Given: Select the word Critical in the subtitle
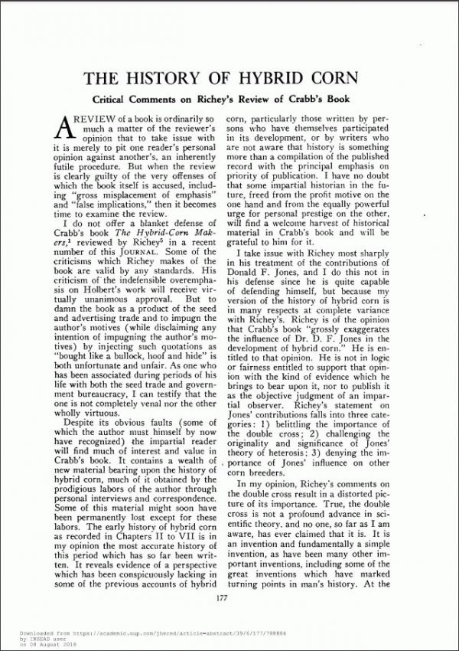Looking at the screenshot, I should pyautogui.click(x=116, y=100).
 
